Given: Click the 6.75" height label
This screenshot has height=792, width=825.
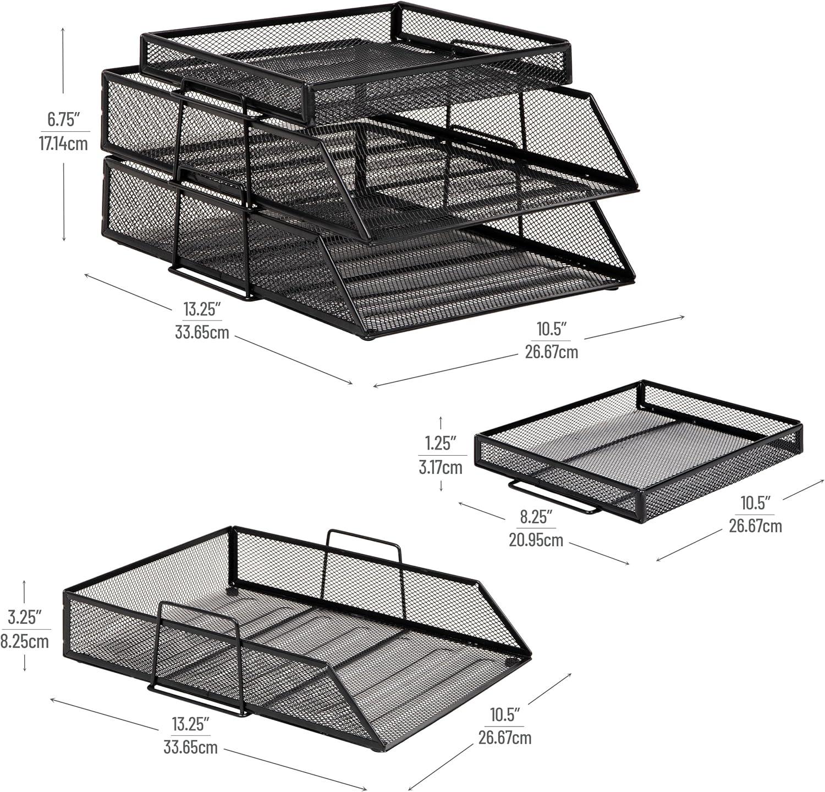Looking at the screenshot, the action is (63, 118).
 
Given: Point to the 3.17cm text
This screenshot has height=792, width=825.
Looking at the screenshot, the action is (440, 468).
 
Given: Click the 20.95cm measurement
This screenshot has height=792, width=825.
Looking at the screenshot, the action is (536, 540).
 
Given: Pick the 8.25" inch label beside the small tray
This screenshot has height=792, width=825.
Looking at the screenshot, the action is (536, 516).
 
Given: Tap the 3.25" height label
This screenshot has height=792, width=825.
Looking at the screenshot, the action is (25, 617).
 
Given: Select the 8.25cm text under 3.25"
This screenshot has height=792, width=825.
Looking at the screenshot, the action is (25, 641).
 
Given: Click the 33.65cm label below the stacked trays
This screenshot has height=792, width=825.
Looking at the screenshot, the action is (202, 333).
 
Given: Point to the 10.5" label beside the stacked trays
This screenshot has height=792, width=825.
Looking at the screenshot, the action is (551, 329).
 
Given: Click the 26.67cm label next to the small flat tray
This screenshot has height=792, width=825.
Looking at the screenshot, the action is (755, 526).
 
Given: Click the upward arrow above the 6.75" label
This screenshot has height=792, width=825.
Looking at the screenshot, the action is (64, 60).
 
